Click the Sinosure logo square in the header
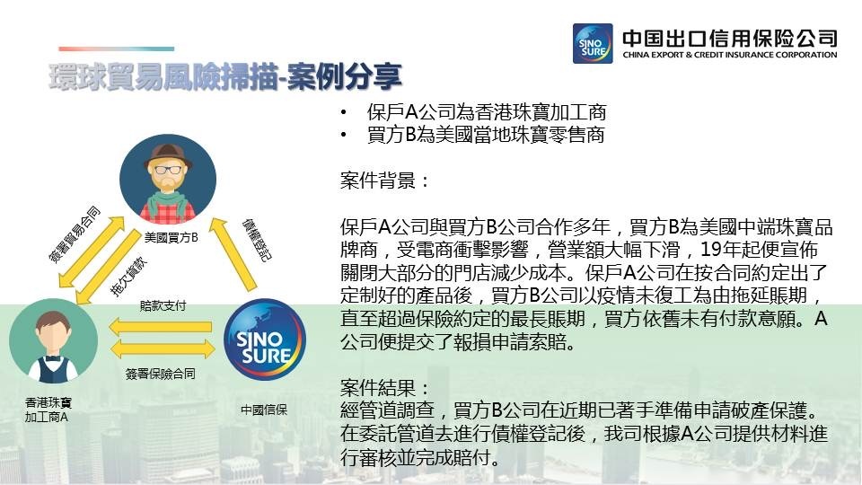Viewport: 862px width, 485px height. click(x=593, y=43)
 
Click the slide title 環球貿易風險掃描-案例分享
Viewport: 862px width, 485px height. click(x=225, y=76)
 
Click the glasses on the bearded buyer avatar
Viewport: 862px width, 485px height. click(x=168, y=169)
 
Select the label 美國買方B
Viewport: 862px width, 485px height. click(x=171, y=237)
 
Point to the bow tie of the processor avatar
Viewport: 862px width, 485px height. click(x=53, y=358)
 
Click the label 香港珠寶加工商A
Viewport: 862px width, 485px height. click(x=48, y=410)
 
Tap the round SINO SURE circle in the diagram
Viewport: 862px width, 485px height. click(x=264, y=339)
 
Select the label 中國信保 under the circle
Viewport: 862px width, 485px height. click(x=264, y=410)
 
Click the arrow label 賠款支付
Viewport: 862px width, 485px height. click(x=163, y=305)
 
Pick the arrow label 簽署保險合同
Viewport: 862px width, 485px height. click(x=160, y=374)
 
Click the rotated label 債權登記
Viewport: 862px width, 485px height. click(x=257, y=241)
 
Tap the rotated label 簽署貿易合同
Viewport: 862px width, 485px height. click(x=75, y=234)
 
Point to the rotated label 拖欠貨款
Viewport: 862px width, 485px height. click(x=129, y=276)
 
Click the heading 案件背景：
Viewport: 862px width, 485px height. click(x=385, y=181)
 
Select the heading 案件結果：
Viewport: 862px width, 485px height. click(x=385, y=388)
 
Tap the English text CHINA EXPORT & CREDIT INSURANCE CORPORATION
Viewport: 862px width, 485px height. click(x=729, y=55)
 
